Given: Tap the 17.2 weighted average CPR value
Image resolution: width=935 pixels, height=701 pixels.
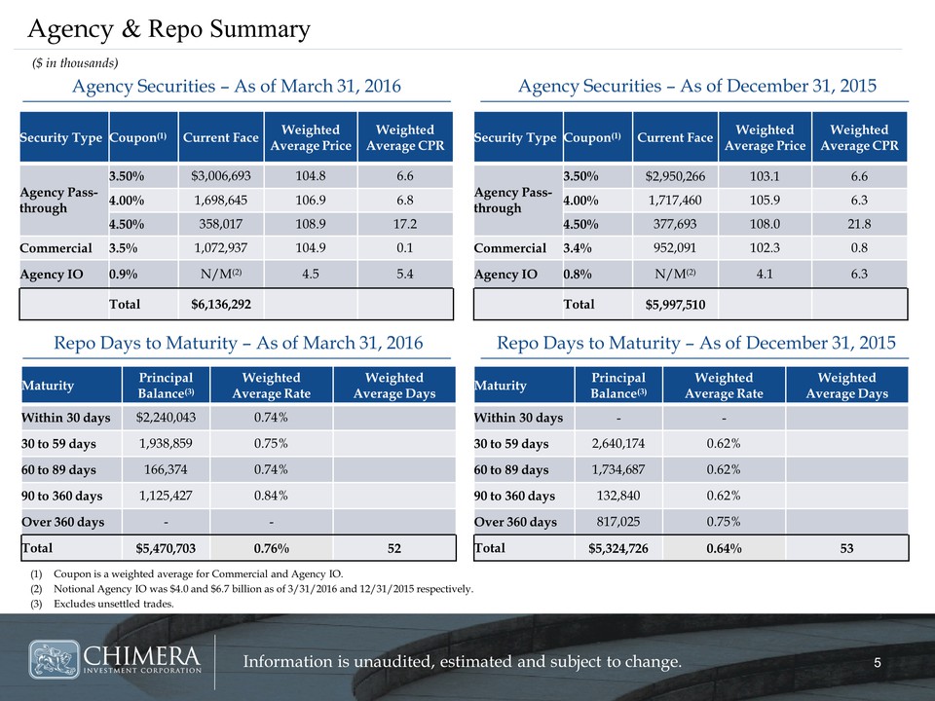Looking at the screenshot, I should (x=404, y=222).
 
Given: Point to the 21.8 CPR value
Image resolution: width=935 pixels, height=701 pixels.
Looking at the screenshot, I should (x=859, y=222).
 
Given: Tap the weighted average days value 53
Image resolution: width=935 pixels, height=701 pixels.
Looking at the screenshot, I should (x=846, y=548).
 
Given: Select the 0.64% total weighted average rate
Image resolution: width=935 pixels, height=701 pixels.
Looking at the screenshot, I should (x=723, y=548).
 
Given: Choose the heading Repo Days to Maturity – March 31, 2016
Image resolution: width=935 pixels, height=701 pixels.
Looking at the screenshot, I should (x=238, y=343).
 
